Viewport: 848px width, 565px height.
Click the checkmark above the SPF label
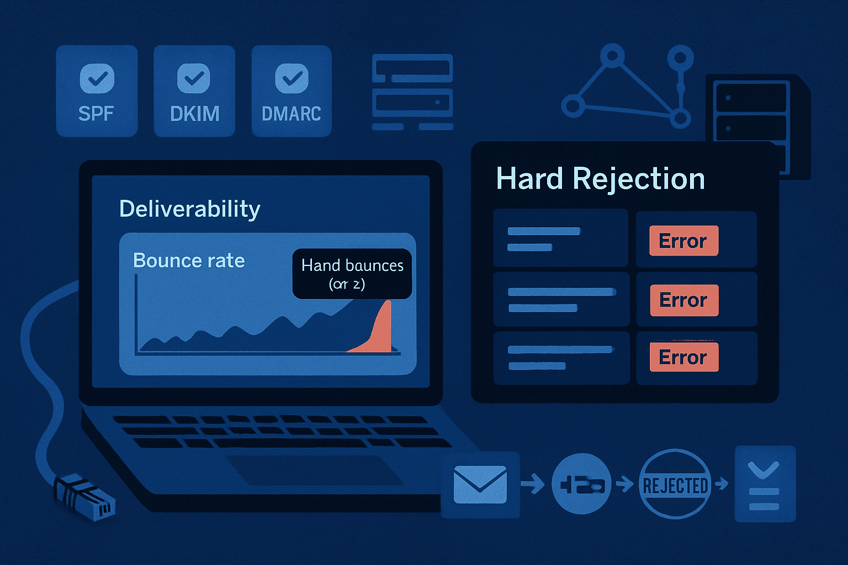(x=97, y=78)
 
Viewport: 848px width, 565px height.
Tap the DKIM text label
(x=194, y=114)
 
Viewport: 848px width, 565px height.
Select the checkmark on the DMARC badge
(x=291, y=78)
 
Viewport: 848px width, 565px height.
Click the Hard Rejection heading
(x=600, y=179)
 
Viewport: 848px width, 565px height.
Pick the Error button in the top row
(x=683, y=241)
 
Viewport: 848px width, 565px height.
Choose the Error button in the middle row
(x=683, y=300)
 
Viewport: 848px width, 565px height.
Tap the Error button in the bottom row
(x=683, y=358)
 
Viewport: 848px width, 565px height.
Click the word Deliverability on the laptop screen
(x=190, y=209)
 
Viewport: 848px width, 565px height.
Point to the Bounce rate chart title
(x=189, y=260)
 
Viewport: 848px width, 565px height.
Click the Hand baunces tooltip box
(x=352, y=274)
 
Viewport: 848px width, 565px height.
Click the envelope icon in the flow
(x=480, y=484)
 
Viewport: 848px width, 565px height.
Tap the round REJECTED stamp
(x=675, y=485)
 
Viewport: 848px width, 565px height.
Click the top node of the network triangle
(x=612, y=56)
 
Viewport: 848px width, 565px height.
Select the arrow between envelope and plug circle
(x=532, y=484)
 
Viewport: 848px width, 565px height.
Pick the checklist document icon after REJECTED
(x=764, y=484)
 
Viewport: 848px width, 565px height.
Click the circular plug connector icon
(x=581, y=484)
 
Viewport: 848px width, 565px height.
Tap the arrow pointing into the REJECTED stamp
(x=624, y=484)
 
